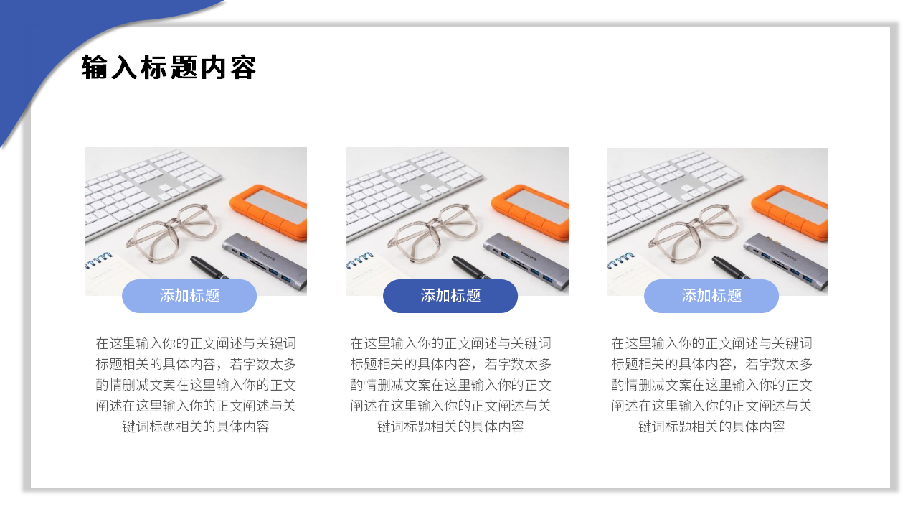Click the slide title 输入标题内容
(169, 68)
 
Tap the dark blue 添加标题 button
(450, 296)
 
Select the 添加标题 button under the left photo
(189, 296)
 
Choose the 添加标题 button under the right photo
(711, 296)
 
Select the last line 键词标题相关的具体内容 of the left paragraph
(196, 427)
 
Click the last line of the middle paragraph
(450, 427)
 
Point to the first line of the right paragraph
(711, 343)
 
